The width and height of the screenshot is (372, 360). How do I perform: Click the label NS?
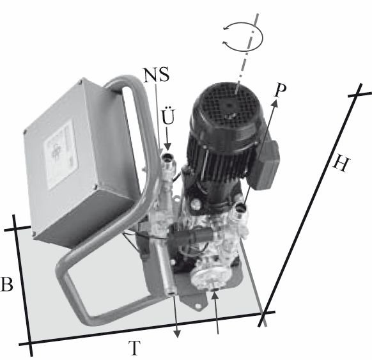(157, 74)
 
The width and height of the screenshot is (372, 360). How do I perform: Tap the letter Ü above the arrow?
(168, 116)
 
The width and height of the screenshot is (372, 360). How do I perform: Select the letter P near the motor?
(280, 90)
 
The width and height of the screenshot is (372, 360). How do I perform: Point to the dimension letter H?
(341, 164)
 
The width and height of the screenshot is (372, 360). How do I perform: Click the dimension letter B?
(6, 284)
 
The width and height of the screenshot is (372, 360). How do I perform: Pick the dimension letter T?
(134, 348)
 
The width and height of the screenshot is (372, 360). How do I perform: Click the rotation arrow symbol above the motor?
(243, 37)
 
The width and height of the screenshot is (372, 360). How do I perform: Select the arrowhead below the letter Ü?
(168, 147)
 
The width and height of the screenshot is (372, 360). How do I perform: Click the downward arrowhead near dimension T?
(177, 334)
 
